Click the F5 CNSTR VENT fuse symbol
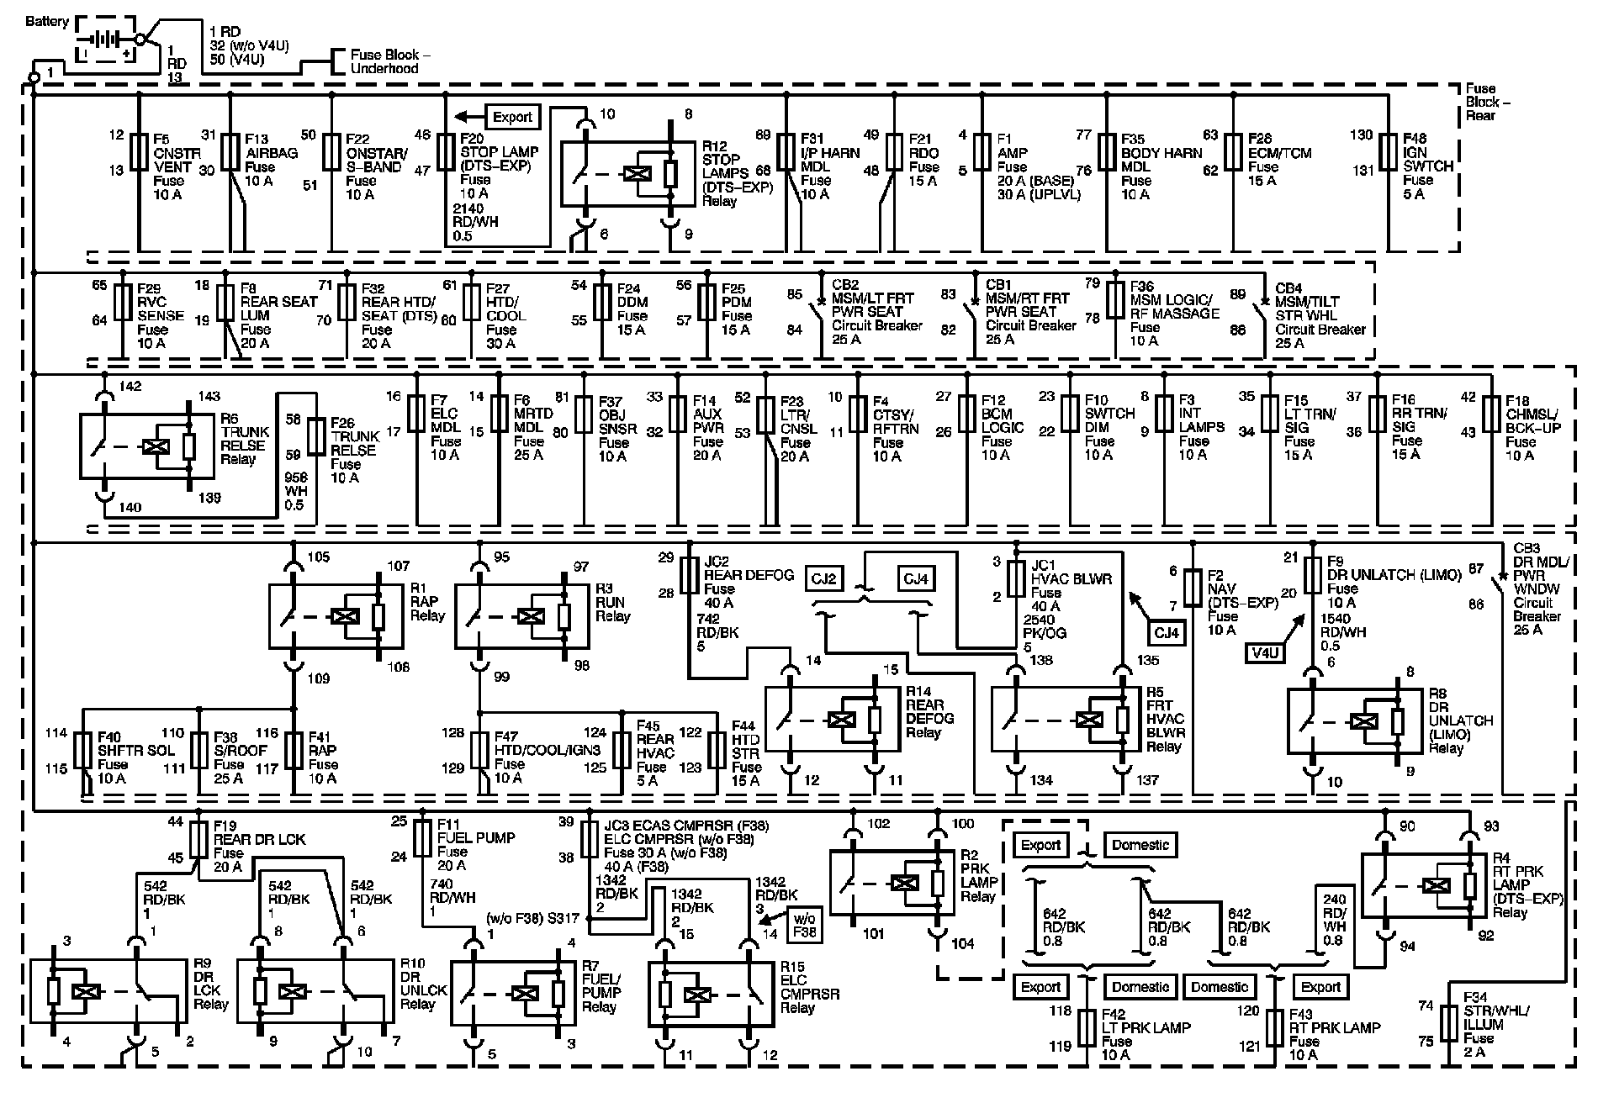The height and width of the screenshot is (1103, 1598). point(140,152)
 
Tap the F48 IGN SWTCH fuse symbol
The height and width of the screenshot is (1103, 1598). point(1388,152)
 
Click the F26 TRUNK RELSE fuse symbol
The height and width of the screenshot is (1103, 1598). point(317,436)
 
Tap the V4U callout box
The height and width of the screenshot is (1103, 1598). point(1266,651)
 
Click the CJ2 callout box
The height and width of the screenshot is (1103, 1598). point(824,579)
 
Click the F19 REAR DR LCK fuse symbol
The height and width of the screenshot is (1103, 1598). point(198,840)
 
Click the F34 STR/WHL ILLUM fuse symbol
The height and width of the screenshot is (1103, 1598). point(1448,1023)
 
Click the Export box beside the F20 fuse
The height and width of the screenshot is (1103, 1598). point(512,117)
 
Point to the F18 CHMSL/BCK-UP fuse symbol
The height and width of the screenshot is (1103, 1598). point(1490,416)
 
